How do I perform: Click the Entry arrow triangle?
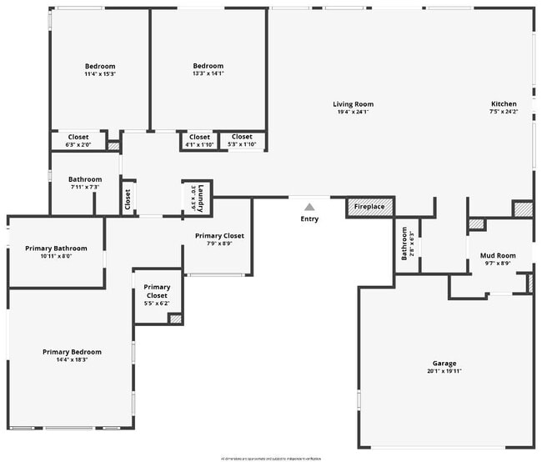click(x=309, y=207)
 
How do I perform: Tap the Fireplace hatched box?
click(x=370, y=206)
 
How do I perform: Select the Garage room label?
click(x=444, y=364)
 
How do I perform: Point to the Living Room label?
click(x=354, y=104)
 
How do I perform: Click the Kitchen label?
click(x=503, y=104)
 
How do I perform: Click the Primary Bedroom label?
click(x=72, y=352)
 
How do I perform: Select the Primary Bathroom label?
click(x=56, y=248)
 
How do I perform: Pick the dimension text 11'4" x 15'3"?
click(x=100, y=74)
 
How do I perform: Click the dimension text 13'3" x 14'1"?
click(x=208, y=74)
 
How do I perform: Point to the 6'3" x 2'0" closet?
click(x=78, y=141)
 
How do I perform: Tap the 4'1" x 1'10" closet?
click(x=199, y=141)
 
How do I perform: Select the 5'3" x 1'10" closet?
click(x=242, y=141)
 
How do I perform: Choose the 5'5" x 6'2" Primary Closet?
click(x=157, y=295)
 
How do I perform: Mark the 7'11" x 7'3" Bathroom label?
click(x=85, y=183)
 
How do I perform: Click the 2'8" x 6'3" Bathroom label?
click(x=405, y=244)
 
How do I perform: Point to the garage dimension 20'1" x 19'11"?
click(x=444, y=371)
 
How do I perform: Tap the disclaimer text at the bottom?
click(x=270, y=458)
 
